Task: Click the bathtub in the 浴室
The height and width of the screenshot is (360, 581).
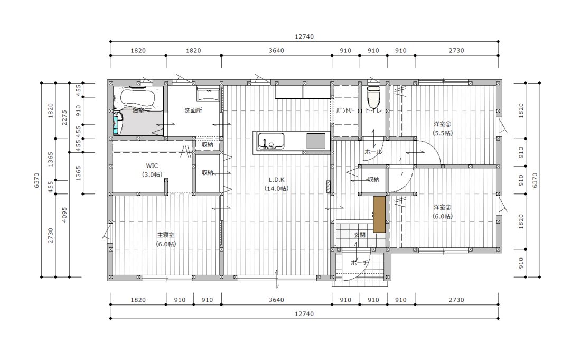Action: pyautogui.click(x=137, y=97)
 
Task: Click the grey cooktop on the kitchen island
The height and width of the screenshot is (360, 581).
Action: pyautogui.click(x=316, y=141)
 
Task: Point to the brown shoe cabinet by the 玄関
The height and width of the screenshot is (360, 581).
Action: pyautogui.click(x=379, y=214)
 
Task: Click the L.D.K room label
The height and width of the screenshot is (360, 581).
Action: pyautogui.click(x=276, y=180)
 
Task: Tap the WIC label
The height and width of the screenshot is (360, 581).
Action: pyautogui.click(x=152, y=165)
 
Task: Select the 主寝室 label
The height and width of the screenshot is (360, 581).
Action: pyautogui.click(x=166, y=235)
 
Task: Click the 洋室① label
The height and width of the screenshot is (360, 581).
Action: pyautogui.click(x=443, y=124)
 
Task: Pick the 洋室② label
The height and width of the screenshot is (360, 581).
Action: pyautogui.click(x=443, y=207)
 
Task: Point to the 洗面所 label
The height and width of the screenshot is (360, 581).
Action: pyautogui.click(x=193, y=110)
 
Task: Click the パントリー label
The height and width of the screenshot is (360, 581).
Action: pyautogui.click(x=345, y=110)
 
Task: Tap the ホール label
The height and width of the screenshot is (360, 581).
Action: pyautogui.click(x=373, y=152)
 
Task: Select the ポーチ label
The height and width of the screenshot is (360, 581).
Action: pyautogui.click(x=359, y=263)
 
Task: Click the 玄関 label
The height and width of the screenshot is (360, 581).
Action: pyautogui.click(x=359, y=235)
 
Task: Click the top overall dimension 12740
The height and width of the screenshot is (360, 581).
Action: pyautogui.click(x=304, y=36)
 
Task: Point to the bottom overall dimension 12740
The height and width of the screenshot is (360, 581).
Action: pyautogui.click(x=304, y=313)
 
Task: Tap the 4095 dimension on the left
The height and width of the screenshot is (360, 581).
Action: pyautogui.click(x=64, y=214)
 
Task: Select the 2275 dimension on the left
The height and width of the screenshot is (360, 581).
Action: pyautogui.click(x=64, y=117)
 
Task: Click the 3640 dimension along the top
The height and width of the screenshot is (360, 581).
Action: pyautogui.click(x=276, y=50)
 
